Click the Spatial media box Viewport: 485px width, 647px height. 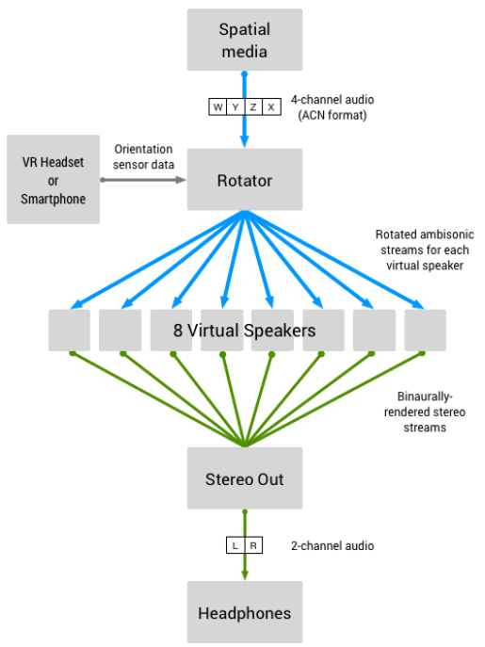coord(245,40)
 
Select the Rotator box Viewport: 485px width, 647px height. coord(245,180)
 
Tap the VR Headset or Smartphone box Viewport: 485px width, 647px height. coord(54,180)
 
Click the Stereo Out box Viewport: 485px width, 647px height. coord(245,478)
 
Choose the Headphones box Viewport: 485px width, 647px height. coord(245,612)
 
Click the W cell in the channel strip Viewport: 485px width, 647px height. coord(218,106)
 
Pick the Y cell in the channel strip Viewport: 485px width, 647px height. coord(235,106)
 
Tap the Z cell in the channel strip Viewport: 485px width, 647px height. coord(253,106)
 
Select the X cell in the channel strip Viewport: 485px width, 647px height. coord(271,106)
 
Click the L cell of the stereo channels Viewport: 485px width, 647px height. coord(235,545)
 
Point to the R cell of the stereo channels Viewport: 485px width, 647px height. coord(253,545)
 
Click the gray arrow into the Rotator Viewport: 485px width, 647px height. coord(143,180)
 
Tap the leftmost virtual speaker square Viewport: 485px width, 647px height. coord(70,331)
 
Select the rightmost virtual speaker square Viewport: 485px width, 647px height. coord(425,331)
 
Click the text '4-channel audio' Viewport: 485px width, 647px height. coord(332,100)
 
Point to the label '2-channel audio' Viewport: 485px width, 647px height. coord(332,546)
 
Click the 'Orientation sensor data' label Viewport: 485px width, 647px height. coord(143,156)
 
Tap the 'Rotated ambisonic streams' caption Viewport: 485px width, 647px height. coord(425,250)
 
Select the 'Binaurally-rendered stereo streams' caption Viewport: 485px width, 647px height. coord(425,412)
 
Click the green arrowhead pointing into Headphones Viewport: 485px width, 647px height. coord(245,575)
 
